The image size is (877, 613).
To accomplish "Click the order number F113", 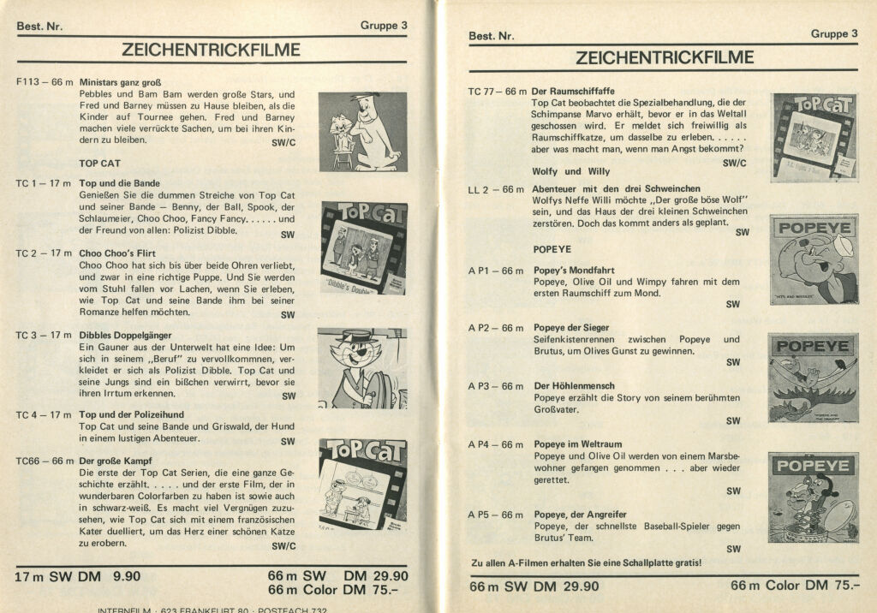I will [x=27, y=83].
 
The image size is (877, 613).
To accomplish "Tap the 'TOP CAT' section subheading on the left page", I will [x=99, y=163].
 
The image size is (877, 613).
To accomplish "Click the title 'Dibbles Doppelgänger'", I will [x=125, y=335].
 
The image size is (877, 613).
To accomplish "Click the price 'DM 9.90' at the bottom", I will [x=109, y=576].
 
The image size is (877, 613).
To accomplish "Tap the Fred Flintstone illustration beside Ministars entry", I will [x=362, y=131].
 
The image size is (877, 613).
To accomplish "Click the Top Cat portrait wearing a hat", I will [x=362, y=368].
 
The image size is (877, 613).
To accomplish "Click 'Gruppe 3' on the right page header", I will [x=833, y=34].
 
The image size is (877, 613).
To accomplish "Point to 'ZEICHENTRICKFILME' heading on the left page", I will [x=211, y=51].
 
